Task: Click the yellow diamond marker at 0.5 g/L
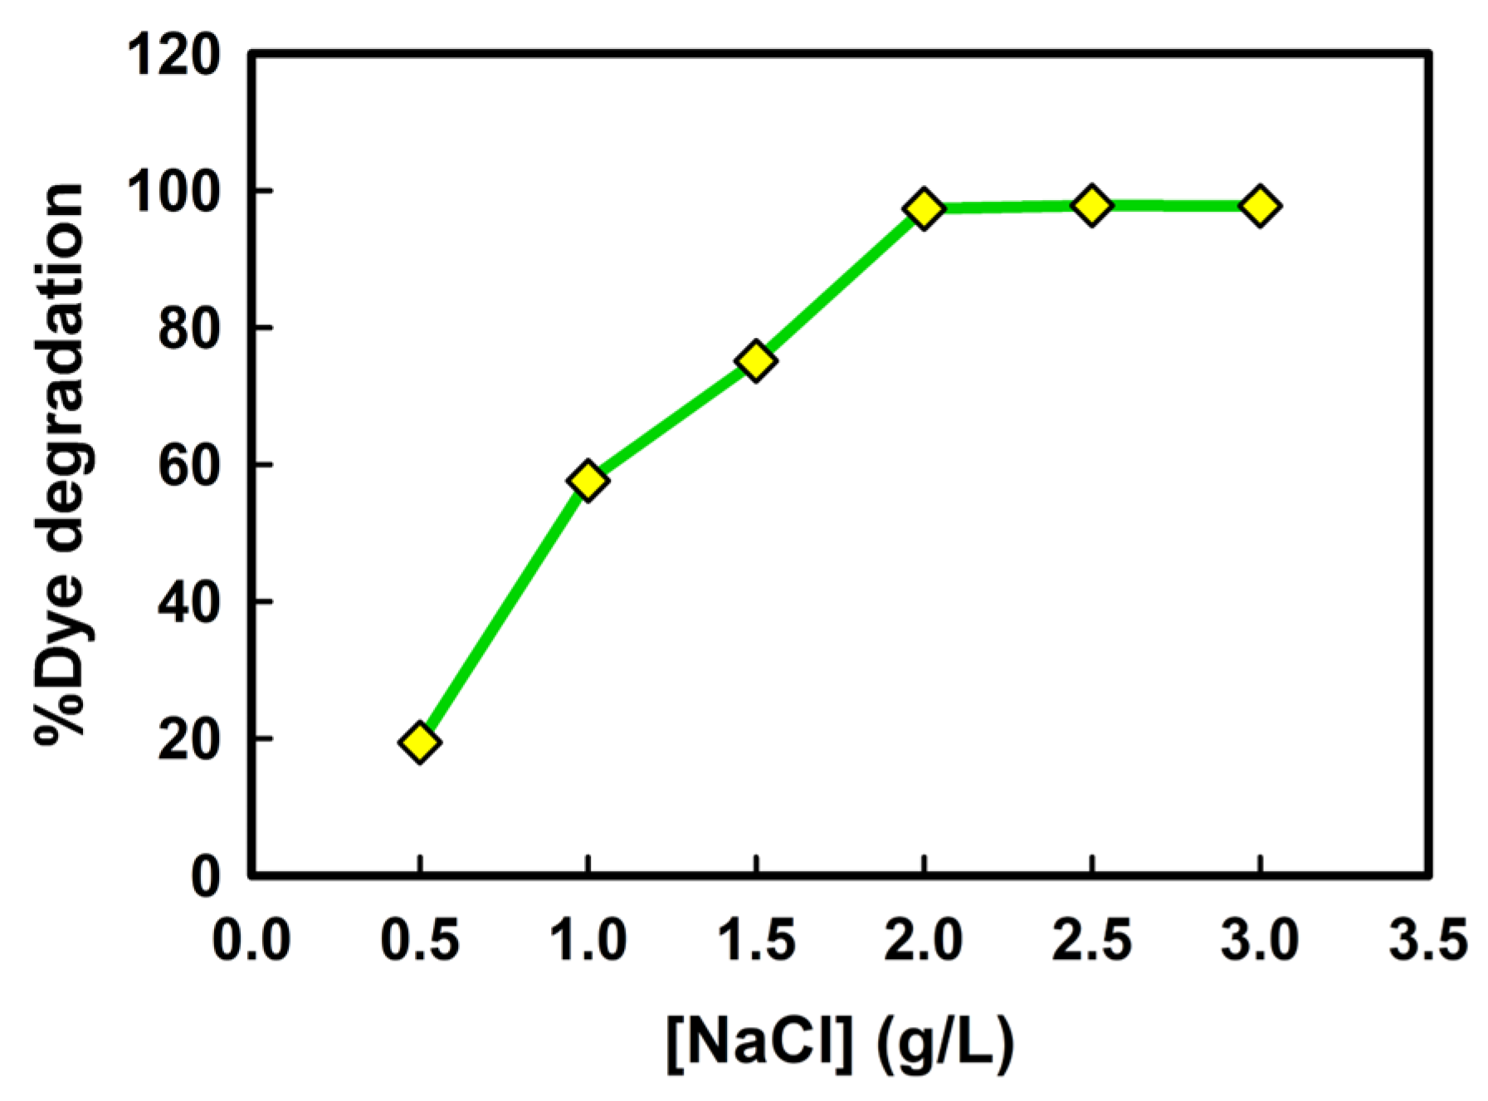click(x=420, y=741)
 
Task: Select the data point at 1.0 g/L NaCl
click(x=588, y=480)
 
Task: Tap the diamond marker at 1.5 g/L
click(x=756, y=360)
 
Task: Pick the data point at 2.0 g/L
click(x=925, y=208)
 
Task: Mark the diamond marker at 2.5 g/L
click(x=1092, y=204)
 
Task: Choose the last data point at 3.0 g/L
click(x=1260, y=205)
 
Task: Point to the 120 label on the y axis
click(x=173, y=56)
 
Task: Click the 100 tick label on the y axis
click(x=173, y=193)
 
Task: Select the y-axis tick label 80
click(x=189, y=330)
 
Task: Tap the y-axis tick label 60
click(x=189, y=466)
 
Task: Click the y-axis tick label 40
click(x=189, y=603)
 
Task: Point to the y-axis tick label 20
click(x=189, y=739)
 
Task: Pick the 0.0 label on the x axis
click(x=251, y=941)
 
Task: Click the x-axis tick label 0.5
click(x=420, y=941)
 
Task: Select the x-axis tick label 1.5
click(x=756, y=941)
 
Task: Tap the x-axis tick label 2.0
click(x=925, y=941)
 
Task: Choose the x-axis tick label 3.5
click(x=1427, y=941)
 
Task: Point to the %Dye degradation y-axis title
click(x=62, y=465)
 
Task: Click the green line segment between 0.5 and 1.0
click(x=504, y=611)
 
